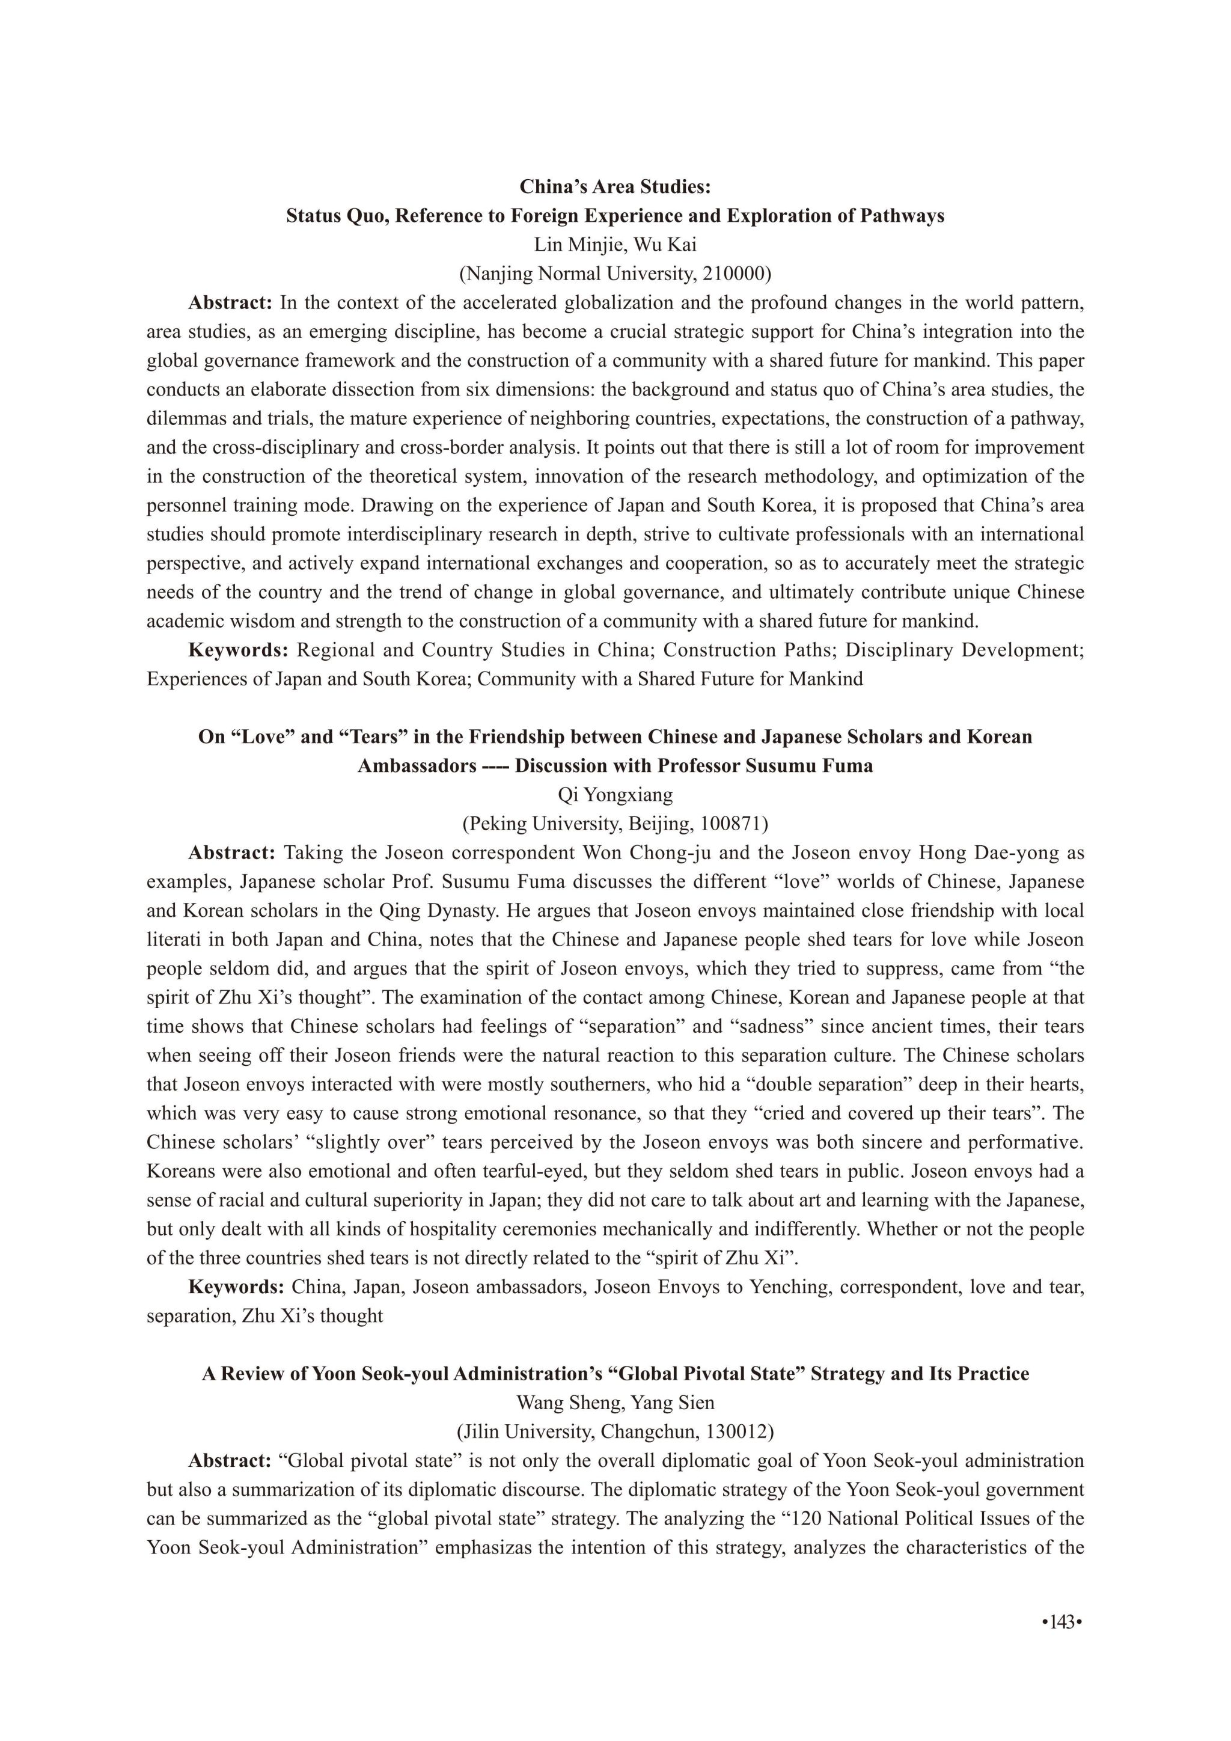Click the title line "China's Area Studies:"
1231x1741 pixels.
[615, 186]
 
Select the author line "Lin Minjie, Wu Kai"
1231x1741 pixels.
[615, 245]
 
